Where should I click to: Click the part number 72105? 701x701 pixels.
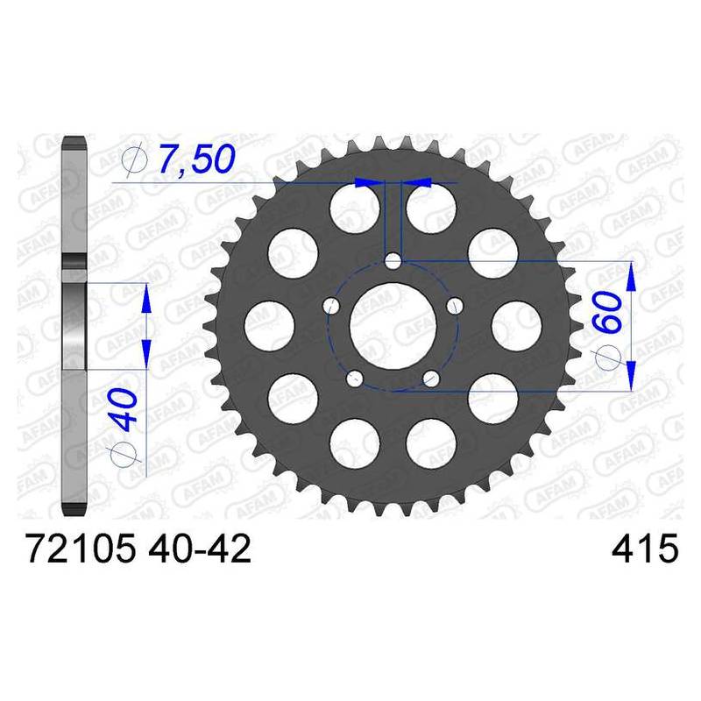[80, 549]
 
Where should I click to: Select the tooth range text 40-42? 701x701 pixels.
[200, 549]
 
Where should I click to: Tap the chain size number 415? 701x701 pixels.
[645, 549]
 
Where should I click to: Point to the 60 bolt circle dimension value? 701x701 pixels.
[608, 312]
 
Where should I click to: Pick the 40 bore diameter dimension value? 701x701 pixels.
[124, 409]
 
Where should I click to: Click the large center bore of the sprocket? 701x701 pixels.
[393, 326]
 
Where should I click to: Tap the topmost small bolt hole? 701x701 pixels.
[393, 260]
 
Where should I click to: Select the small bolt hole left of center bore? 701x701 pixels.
[331, 306]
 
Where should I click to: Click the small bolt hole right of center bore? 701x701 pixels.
[455, 306]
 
